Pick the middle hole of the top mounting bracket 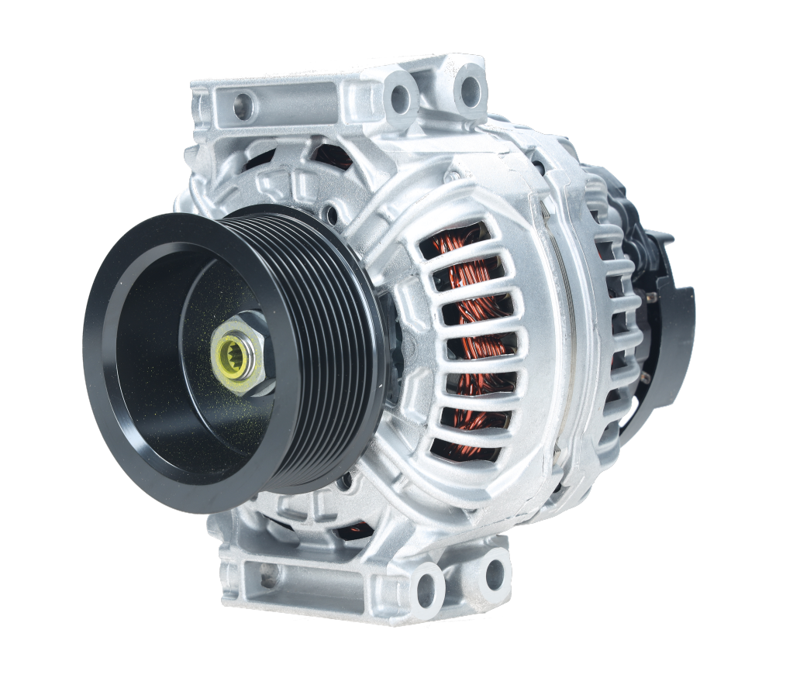[400, 97]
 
